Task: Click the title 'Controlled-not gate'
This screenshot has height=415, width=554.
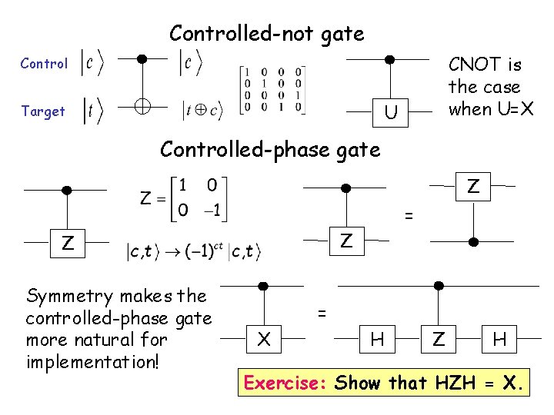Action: pos(266,34)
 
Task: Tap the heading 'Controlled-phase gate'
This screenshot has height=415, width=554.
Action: pos(269,149)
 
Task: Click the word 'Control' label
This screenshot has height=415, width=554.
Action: pos(44,64)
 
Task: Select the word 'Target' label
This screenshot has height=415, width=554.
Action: pos(43,111)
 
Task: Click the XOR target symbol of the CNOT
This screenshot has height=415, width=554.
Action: pos(142,108)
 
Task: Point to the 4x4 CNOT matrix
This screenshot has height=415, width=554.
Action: pos(272,91)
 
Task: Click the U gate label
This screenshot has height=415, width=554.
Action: pos(391,114)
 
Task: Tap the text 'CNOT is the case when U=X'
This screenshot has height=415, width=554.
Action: pos(485,86)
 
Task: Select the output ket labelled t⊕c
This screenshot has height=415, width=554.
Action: pos(201,111)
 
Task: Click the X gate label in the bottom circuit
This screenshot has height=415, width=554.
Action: pos(264,338)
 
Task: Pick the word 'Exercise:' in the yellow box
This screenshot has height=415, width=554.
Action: pos(285,382)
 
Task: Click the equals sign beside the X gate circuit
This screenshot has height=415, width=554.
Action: pos(323,313)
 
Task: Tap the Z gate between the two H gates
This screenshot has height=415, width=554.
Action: pos(438,338)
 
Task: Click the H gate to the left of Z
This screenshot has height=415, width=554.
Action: pos(377,338)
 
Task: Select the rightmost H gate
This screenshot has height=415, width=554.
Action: pos(499,338)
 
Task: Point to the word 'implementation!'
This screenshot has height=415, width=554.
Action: pos(92,360)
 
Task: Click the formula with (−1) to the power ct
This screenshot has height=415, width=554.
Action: pos(194,251)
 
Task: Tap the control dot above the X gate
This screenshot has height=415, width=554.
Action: pos(264,285)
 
